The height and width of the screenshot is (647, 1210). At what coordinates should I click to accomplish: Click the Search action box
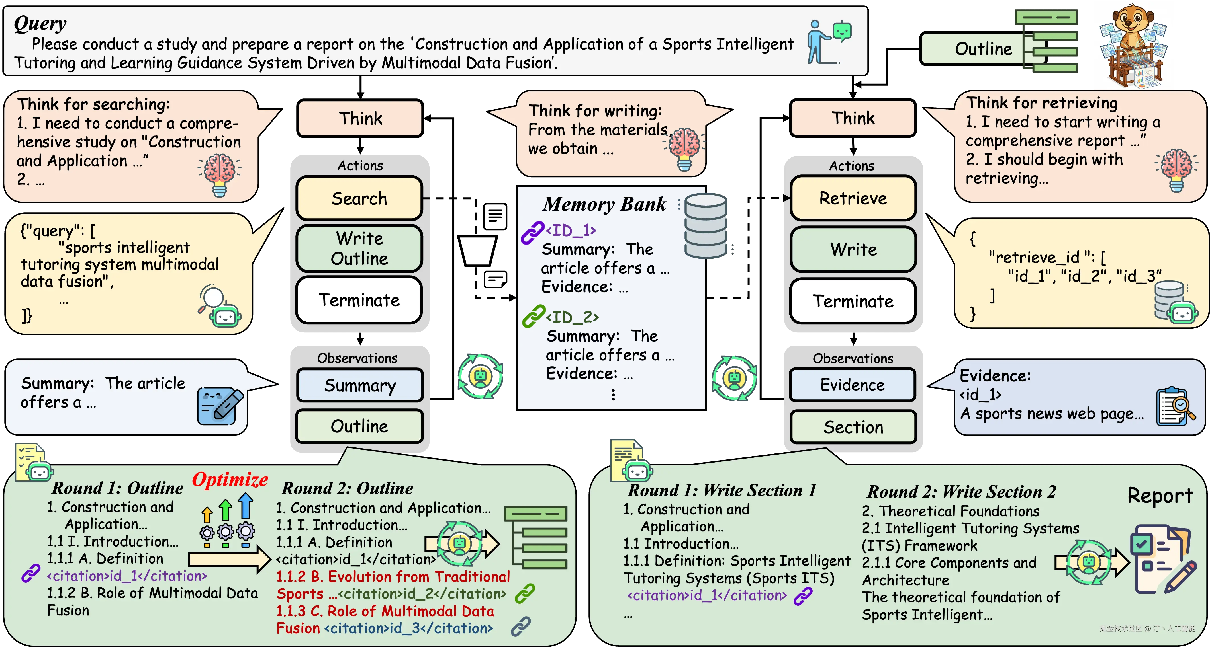point(360,198)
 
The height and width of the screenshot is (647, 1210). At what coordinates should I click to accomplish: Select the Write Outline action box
point(360,248)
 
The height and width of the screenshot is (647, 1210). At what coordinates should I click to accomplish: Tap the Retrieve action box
point(853,198)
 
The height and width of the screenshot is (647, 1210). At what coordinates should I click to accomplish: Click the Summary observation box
point(360,385)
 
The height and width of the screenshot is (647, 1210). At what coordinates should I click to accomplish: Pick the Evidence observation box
point(853,385)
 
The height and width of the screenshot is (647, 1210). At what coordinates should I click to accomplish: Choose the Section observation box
point(853,427)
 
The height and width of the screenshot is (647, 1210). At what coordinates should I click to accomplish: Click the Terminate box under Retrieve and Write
point(853,301)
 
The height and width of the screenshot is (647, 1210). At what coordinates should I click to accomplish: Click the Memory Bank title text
point(604,204)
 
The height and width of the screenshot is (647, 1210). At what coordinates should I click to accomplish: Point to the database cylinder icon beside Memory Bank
point(706,225)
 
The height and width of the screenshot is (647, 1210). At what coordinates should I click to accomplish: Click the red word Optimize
point(230,479)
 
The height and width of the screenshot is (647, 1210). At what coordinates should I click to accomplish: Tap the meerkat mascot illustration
point(1133,46)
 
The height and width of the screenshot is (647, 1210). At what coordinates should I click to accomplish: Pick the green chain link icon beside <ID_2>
point(534,317)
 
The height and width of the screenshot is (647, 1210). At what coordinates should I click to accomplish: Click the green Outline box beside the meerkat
point(984,48)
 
